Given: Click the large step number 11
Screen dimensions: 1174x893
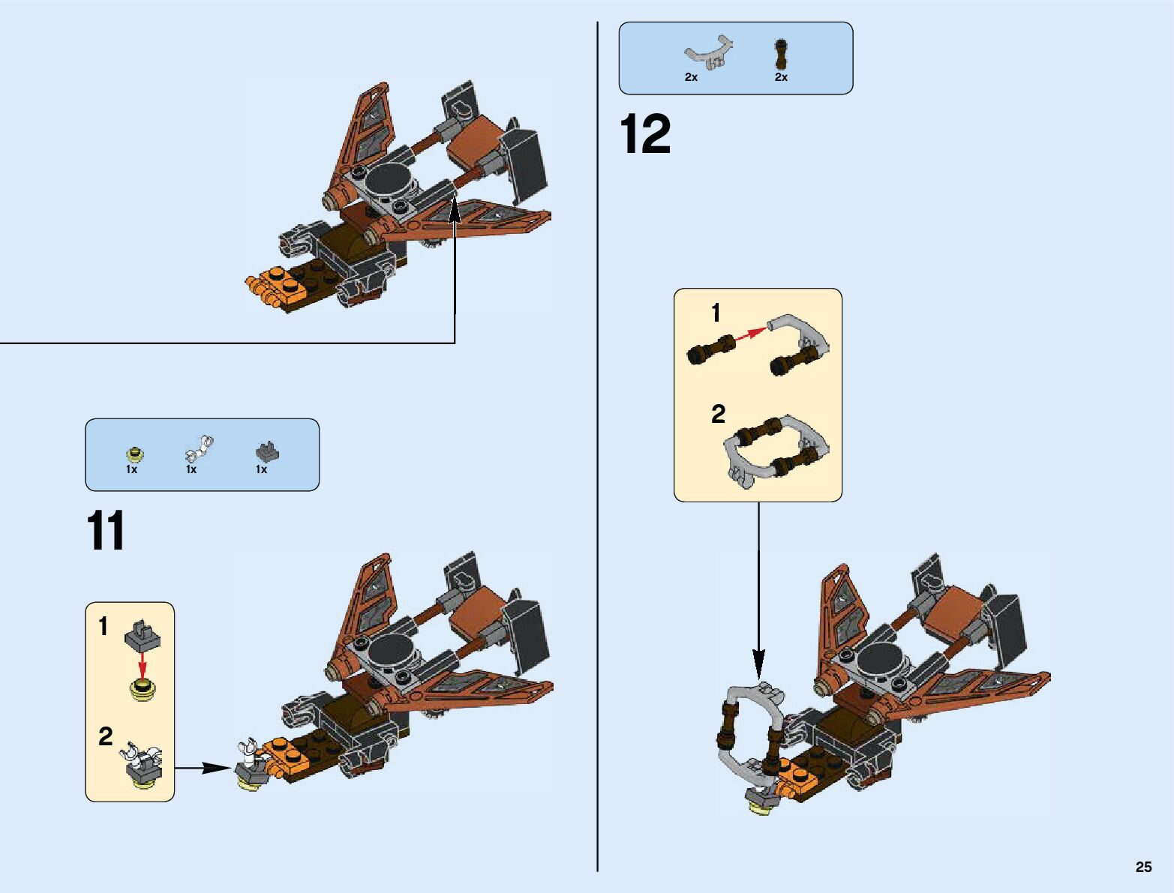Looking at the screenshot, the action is [x=106, y=532].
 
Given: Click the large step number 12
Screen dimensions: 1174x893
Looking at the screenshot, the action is [x=645, y=135].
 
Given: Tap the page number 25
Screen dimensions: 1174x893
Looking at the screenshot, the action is [x=1143, y=867].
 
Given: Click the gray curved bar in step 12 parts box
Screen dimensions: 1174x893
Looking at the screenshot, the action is [x=709, y=51].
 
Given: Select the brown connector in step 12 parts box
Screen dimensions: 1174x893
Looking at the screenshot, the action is [x=782, y=53].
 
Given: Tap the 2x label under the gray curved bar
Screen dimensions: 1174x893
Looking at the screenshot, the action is [x=691, y=77].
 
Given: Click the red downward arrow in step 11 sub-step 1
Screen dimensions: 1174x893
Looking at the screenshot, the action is [x=143, y=664].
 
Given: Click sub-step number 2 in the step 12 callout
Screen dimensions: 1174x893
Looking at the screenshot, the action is [x=718, y=414].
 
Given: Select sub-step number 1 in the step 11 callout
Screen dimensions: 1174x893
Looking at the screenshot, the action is [x=104, y=625].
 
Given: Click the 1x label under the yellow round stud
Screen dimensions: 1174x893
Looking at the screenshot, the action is [x=131, y=469].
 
